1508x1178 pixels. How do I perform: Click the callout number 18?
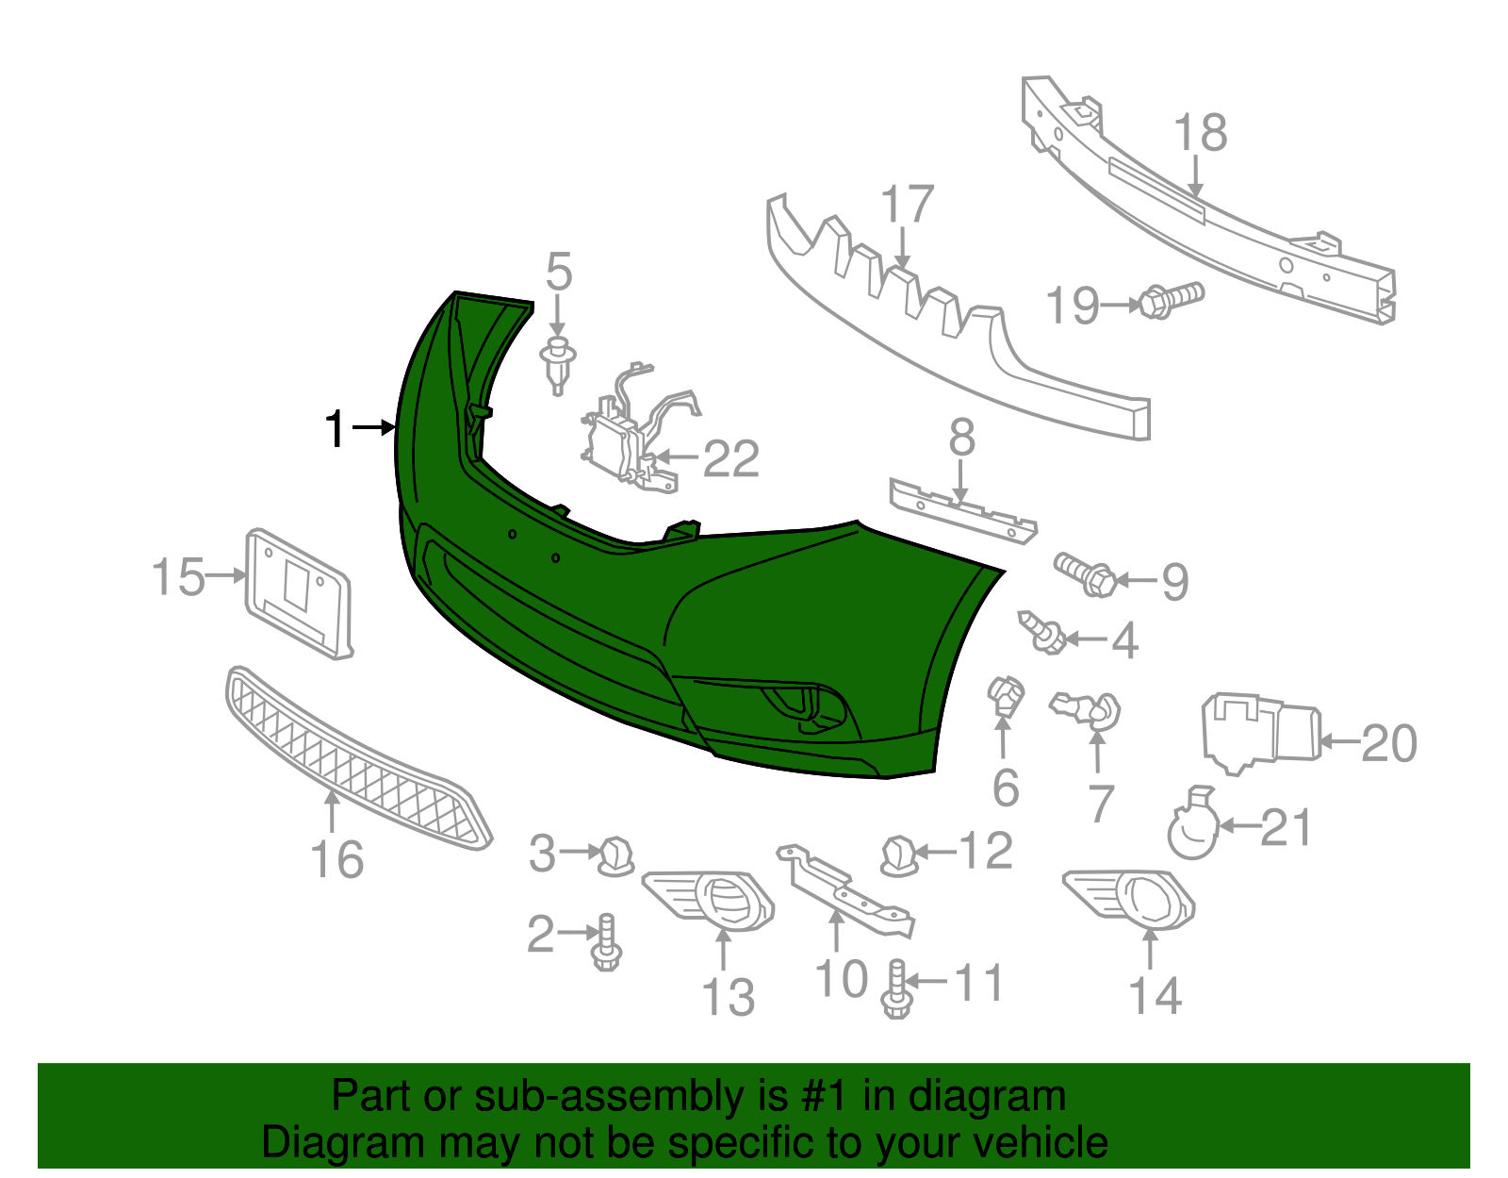[x=1201, y=133]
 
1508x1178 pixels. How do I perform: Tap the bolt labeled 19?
[x=1169, y=300]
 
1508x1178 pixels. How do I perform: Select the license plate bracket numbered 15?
[x=298, y=592]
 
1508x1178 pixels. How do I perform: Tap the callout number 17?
[x=907, y=206]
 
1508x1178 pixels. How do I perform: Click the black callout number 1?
[x=336, y=429]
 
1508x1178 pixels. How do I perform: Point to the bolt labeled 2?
[x=605, y=943]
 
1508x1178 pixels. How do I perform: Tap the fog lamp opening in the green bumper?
[x=801, y=707]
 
